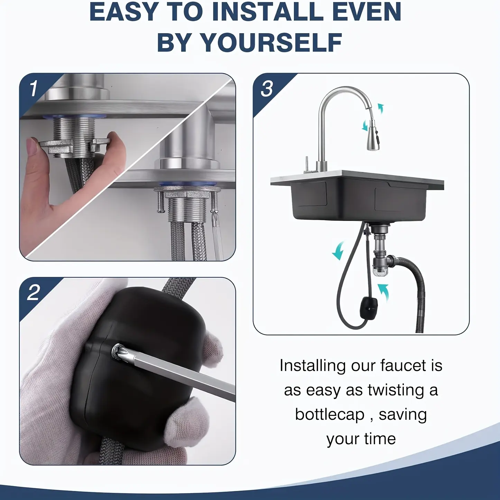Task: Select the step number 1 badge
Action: pos(34,89)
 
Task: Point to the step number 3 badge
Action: pos(267,89)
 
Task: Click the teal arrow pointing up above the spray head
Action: pos(381,108)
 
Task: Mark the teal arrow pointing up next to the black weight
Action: pos(383,293)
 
